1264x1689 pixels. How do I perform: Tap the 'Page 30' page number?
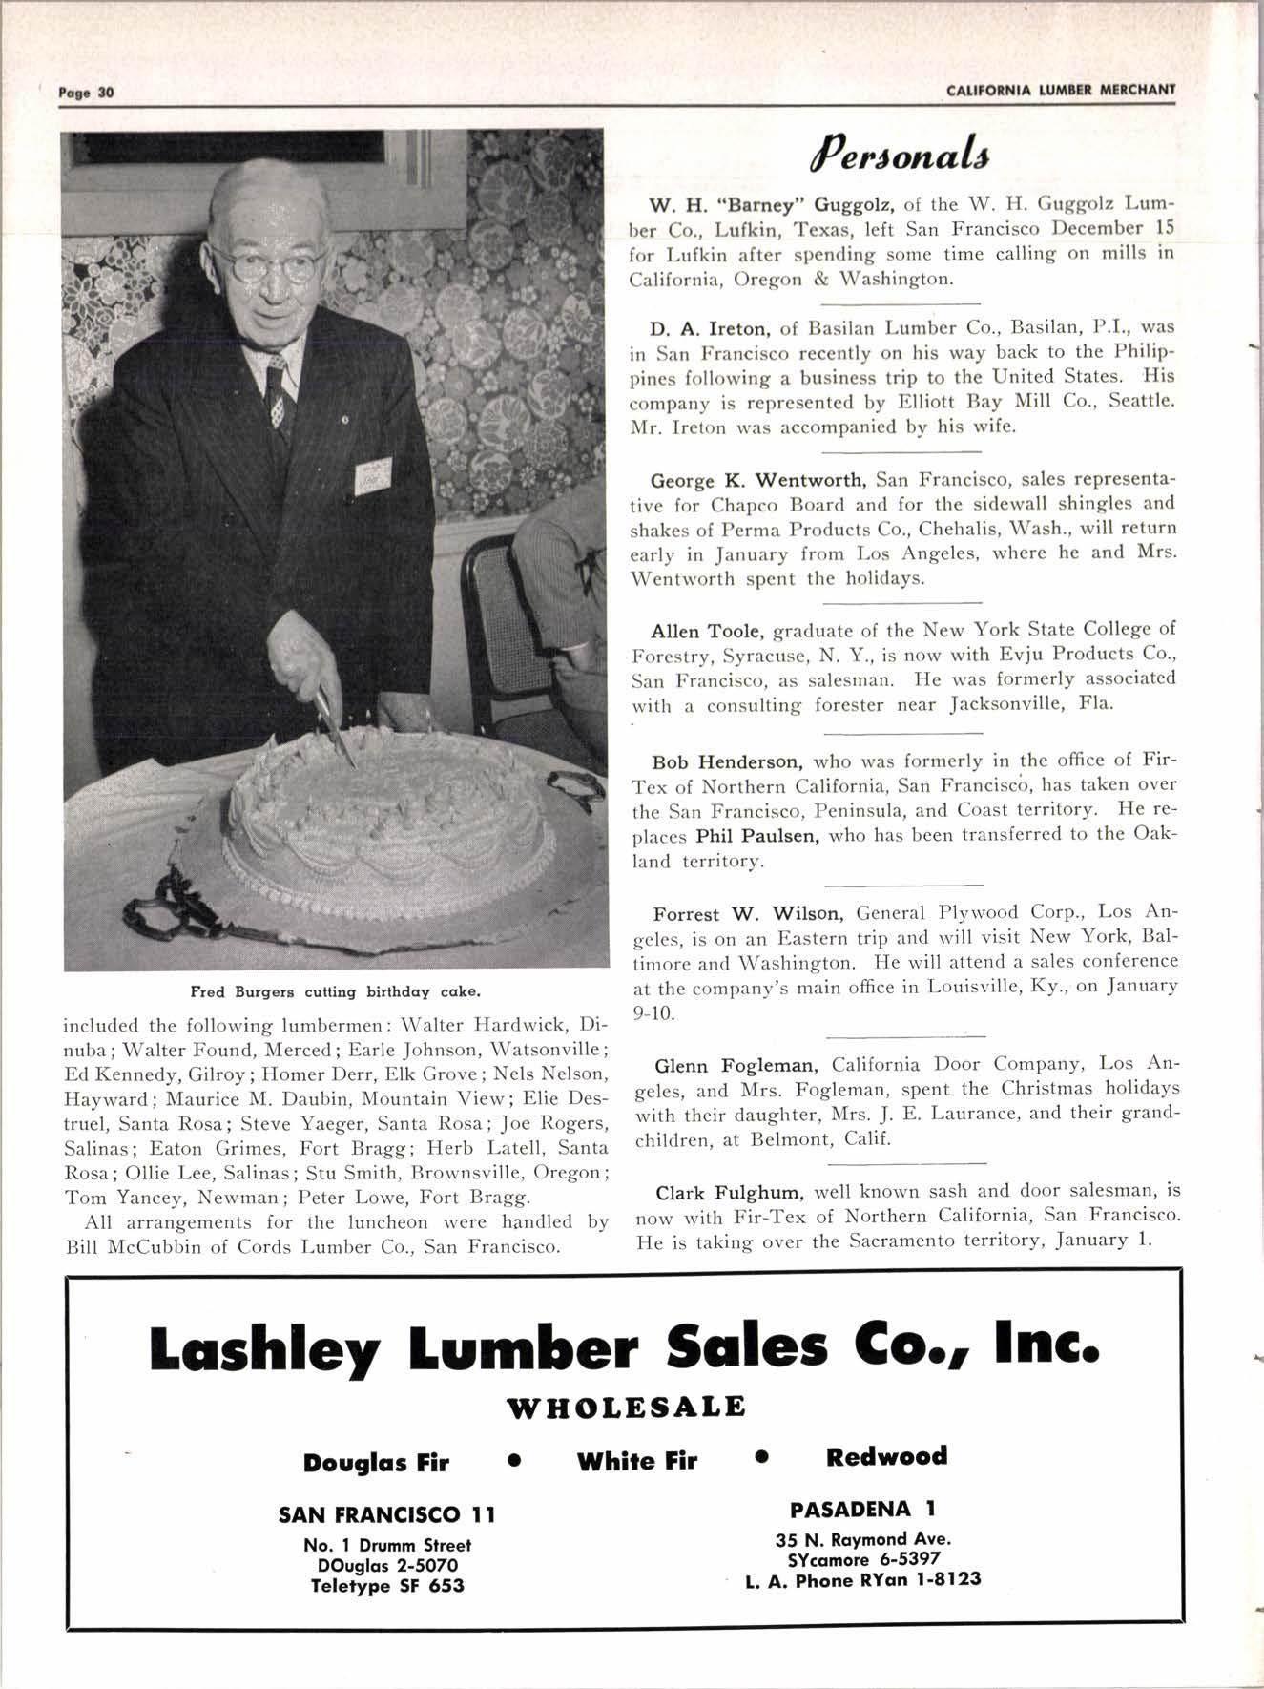[86, 93]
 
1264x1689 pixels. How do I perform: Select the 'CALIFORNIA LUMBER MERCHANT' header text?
[1061, 91]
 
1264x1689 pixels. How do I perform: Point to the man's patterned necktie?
[278, 391]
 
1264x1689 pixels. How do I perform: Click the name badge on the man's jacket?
[372, 475]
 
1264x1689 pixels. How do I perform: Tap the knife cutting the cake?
[334, 722]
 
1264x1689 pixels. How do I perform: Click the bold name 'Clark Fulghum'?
[733, 1192]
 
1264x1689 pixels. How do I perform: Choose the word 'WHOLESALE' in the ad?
[626, 1407]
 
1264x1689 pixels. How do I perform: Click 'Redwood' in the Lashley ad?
[887, 1457]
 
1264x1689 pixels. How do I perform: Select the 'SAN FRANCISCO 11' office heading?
[386, 1514]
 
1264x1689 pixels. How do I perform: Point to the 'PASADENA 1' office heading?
[863, 1509]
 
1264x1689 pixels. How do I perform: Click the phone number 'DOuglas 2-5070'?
[386, 1565]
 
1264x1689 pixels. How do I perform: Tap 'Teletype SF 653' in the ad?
[386, 1586]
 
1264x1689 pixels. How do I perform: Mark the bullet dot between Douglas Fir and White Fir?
[514, 1461]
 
